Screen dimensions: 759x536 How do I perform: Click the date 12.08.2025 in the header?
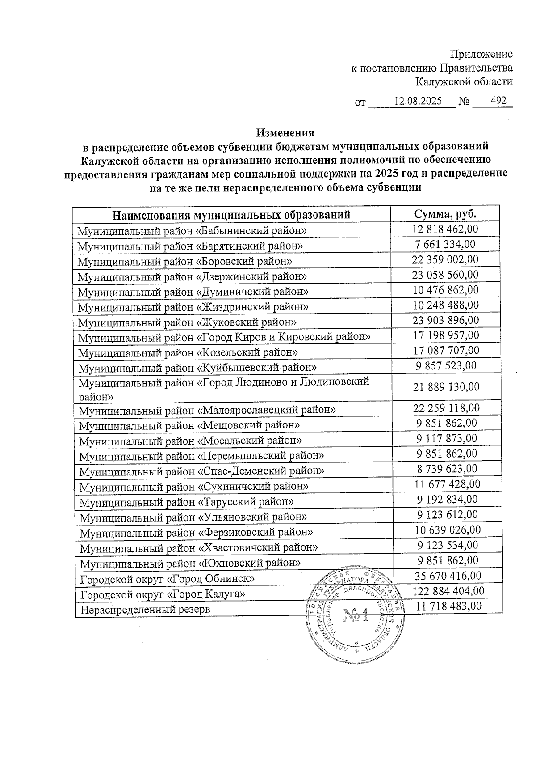point(418,101)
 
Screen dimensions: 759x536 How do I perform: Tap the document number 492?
point(498,101)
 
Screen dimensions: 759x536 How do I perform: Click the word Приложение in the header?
point(481,54)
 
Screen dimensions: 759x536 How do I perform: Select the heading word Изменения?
point(285,133)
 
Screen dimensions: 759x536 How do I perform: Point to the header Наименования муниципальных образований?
point(231,215)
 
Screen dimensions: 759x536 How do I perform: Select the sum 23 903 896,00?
point(446,320)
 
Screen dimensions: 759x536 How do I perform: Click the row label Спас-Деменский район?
point(202,471)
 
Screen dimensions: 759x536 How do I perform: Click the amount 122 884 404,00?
point(448,591)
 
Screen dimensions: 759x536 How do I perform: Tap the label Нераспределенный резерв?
point(145,610)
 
